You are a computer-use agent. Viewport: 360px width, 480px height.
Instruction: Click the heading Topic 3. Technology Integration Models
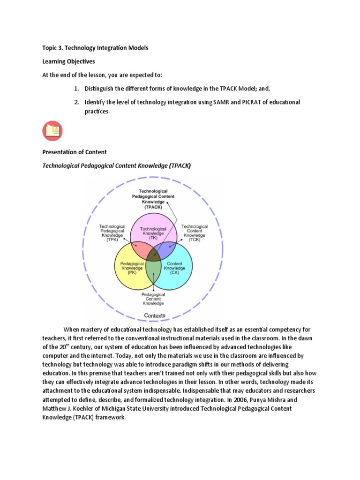[96, 48]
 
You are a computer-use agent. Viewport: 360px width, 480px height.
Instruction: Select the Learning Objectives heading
[69, 61]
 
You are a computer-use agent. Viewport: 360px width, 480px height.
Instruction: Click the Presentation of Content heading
[75, 152]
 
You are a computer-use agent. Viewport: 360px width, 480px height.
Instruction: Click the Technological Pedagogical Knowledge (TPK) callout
[112, 232]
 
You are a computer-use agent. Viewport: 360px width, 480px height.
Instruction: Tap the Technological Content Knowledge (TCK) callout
[195, 232]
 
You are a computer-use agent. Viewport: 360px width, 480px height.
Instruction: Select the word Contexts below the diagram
[154, 315]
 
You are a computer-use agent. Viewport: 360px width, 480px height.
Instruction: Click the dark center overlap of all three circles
[153, 255]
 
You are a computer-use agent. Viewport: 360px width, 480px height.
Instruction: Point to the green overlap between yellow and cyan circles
[153, 272]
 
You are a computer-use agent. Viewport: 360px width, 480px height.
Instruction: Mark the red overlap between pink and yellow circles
[140, 248]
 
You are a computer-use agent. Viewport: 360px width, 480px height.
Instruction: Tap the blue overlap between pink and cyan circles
[166, 248]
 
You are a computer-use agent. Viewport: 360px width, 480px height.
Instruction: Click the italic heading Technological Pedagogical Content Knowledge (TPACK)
[116, 165]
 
